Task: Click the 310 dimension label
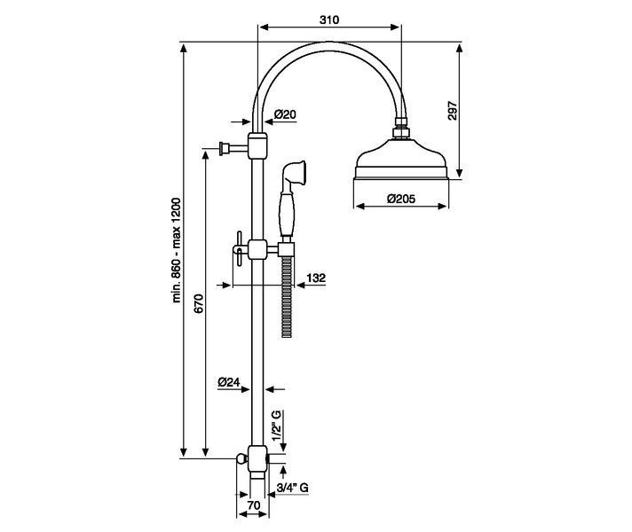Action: click(x=329, y=20)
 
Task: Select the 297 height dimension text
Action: click(x=453, y=110)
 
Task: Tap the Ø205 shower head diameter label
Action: click(x=400, y=199)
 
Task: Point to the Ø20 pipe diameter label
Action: click(x=285, y=114)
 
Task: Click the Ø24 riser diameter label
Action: click(x=228, y=382)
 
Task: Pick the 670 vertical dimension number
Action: click(x=199, y=303)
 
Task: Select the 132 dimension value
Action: click(x=316, y=278)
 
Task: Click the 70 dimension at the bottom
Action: click(x=254, y=505)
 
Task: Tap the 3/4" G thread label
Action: click(x=293, y=488)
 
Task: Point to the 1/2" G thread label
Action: click(x=277, y=426)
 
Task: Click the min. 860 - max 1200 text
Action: click(x=177, y=250)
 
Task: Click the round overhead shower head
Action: click(x=401, y=160)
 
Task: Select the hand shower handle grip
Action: click(x=286, y=213)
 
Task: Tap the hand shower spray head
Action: click(x=295, y=172)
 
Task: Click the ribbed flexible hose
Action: click(x=287, y=296)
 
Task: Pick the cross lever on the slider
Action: click(x=239, y=248)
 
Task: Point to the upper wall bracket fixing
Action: click(x=233, y=148)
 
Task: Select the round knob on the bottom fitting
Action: click(x=241, y=458)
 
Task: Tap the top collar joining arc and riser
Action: click(x=257, y=145)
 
